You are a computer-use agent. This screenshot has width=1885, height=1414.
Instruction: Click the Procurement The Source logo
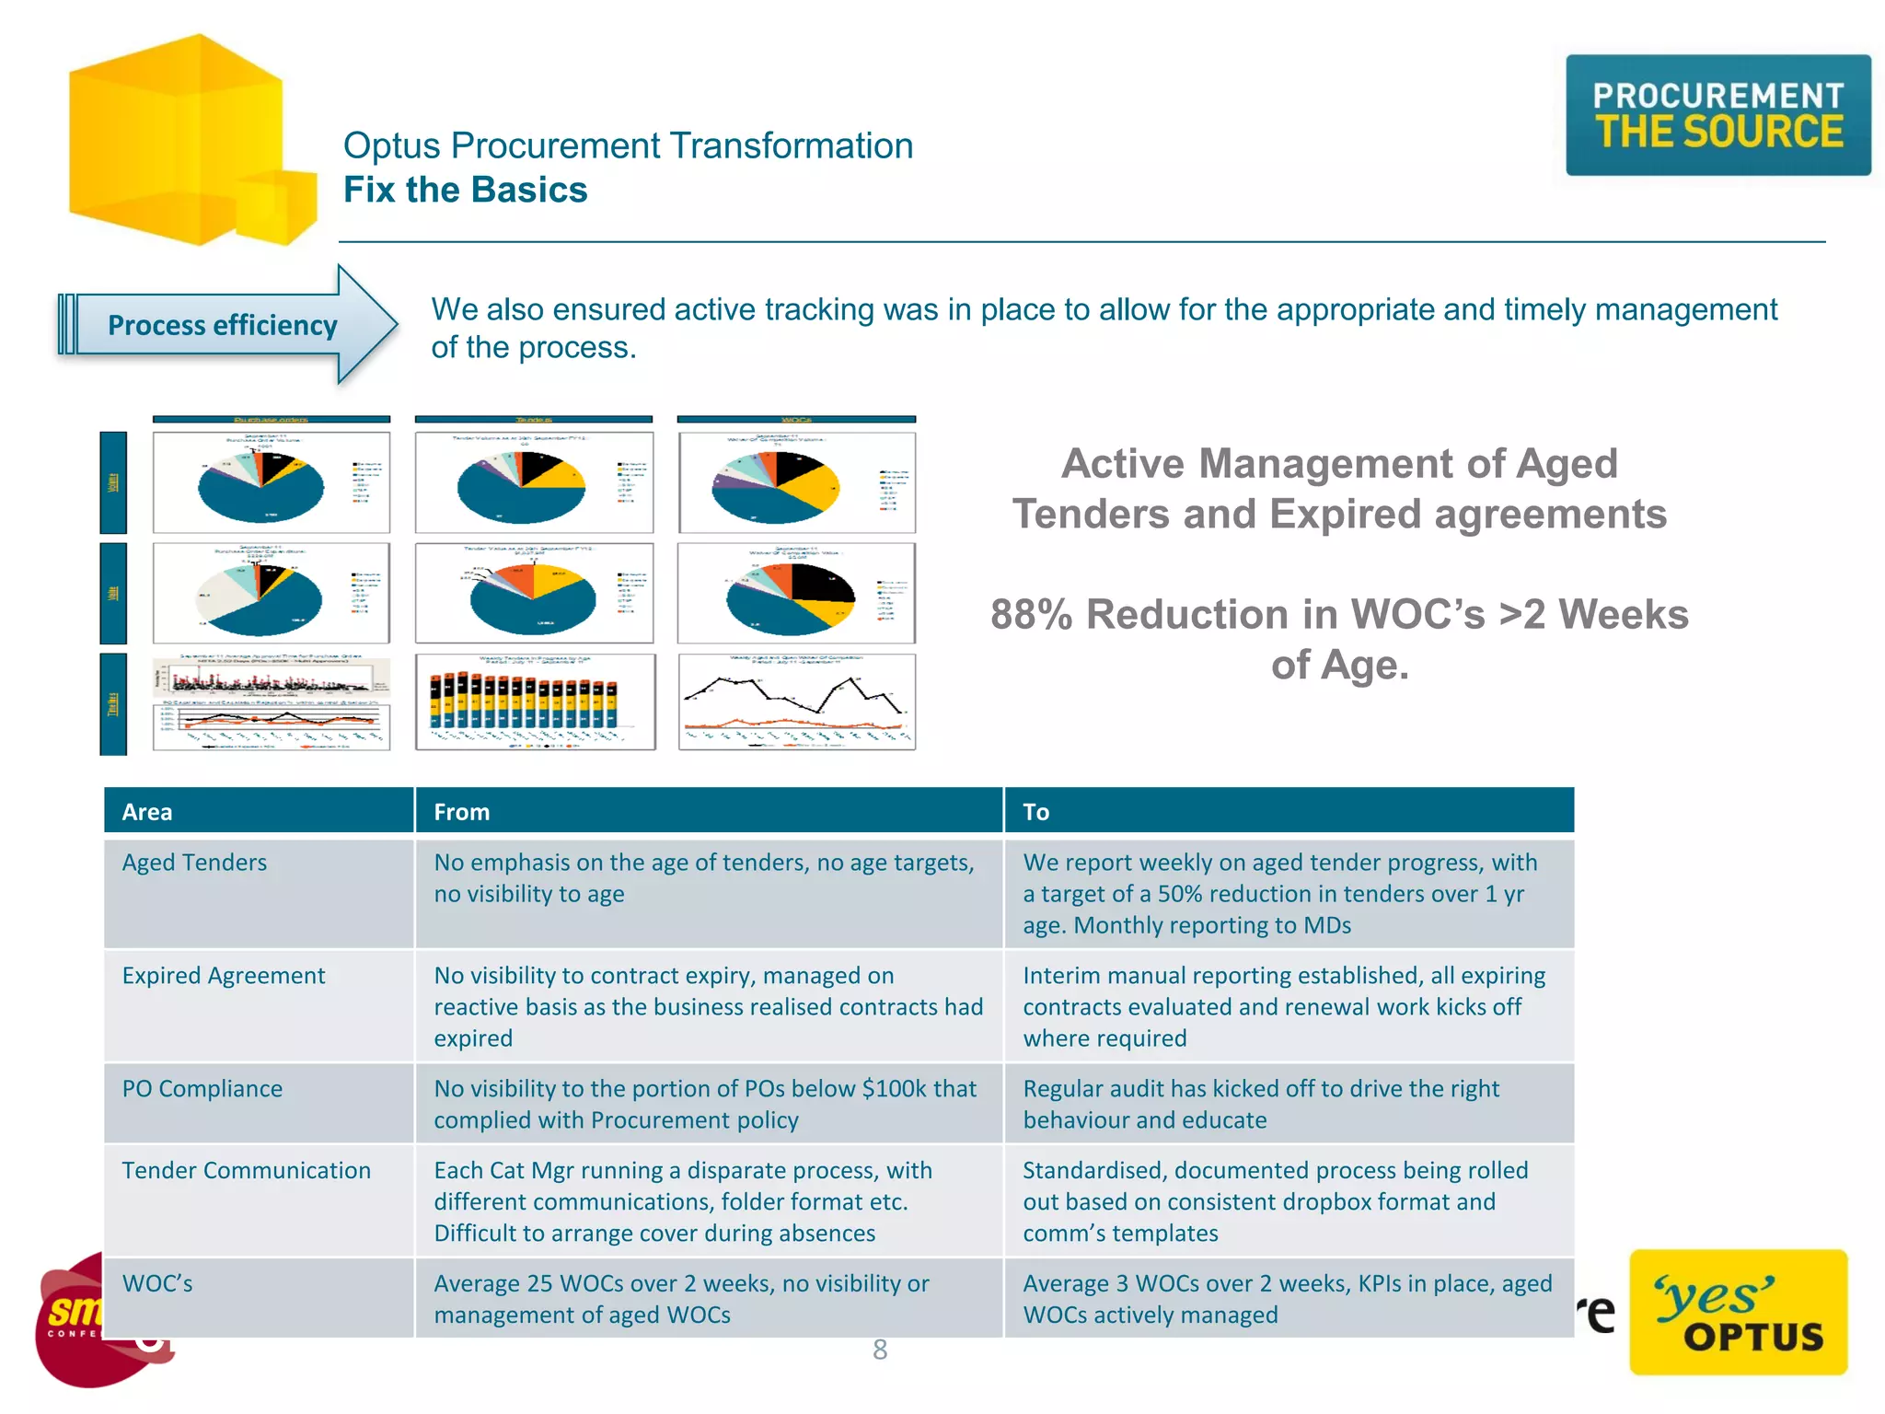pyautogui.click(x=1717, y=115)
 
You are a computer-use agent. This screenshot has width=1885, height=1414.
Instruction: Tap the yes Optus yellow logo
pyautogui.click(x=1738, y=1312)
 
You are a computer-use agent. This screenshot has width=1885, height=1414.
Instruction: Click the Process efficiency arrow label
pyautogui.click(x=223, y=325)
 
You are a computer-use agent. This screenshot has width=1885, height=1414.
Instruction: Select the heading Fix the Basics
pyautogui.click(x=465, y=190)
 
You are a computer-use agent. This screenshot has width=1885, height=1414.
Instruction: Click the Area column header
pyautogui.click(x=147, y=812)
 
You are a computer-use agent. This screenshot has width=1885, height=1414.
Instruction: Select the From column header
pyautogui.click(x=461, y=812)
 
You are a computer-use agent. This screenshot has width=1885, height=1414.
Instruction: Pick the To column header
pyautogui.click(x=1035, y=812)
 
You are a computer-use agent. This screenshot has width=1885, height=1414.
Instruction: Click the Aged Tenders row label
pyautogui.click(x=194, y=863)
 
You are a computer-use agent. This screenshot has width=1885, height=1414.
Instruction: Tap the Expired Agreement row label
pyautogui.click(x=224, y=976)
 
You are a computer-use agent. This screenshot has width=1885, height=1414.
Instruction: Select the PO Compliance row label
pyautogui.click(x=202, y=1089)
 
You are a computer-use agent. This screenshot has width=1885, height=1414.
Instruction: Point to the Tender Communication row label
pyautogui.click(x=246, y=1171)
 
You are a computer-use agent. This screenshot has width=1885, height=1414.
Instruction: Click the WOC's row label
pyautogui.click(x=157, y=1284)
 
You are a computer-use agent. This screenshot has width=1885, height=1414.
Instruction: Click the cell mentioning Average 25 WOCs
pyautogui.click(x=681, y=1299)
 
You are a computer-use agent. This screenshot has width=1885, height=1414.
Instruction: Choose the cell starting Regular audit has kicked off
pyautogui.click(x=1261, y=1104)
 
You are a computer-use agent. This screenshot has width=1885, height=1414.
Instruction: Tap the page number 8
pyautogui.click(x=880, y=1350)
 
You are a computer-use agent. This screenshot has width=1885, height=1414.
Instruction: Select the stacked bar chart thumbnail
pyautogui.click(x=535, y=702)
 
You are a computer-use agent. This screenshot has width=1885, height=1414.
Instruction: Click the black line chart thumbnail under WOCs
pyautogui.click(x=797, y=702)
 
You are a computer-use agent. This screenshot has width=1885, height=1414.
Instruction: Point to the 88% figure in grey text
pyautogui.click(x=1031, y=615)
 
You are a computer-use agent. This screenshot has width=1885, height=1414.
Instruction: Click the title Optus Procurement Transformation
pyautogui.click(x=628, y=145)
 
